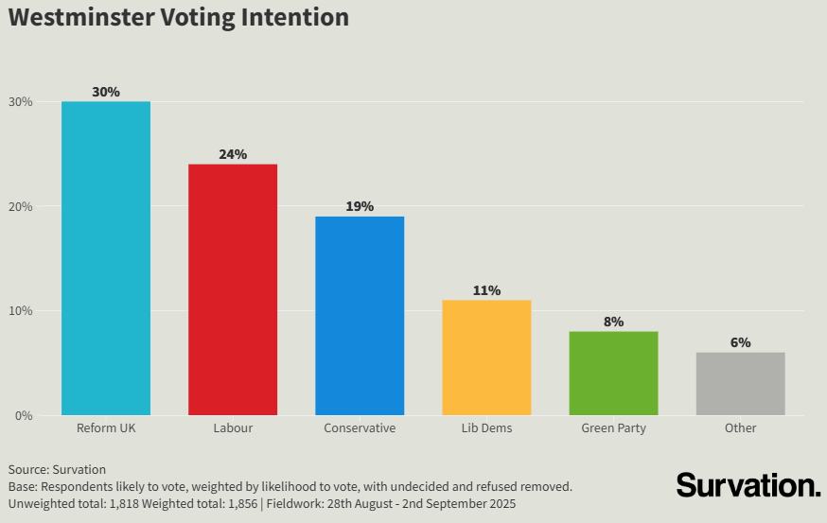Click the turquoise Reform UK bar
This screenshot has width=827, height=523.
click(106, 258)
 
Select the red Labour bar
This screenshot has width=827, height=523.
click(233, 289)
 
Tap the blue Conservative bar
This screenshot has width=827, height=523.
click(360, 316)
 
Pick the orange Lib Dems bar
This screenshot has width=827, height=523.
click(486, 357)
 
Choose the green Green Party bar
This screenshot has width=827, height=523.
click(613, 373)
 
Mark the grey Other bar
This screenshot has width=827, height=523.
click(740, 384)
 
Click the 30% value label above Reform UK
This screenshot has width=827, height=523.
click(106, 92)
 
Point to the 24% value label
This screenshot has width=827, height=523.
click(233, 154)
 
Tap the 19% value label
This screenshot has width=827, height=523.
click(360, 206)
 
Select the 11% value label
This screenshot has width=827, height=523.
click(486, 290)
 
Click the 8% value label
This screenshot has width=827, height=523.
click(613, 322)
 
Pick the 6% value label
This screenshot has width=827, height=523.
click(740, 342)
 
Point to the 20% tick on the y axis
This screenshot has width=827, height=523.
click(21, 206)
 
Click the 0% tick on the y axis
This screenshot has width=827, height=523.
click(24, 415)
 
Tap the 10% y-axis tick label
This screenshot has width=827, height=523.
click(21, 311)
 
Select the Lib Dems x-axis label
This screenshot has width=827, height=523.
click(486, 428)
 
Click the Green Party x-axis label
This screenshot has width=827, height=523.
click(613, 428)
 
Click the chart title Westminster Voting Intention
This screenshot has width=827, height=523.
click(179, 17)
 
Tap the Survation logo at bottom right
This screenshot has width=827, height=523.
click(748, 485)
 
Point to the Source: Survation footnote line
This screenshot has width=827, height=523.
click(57, 469)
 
